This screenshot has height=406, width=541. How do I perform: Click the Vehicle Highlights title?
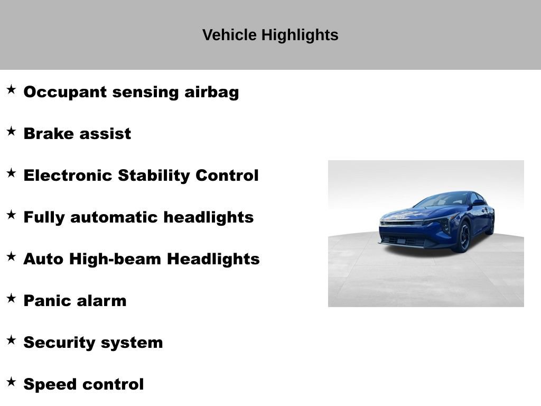[270, 35]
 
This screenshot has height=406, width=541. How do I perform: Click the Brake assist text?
[77, 134]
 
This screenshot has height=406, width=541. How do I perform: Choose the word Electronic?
[68, 176]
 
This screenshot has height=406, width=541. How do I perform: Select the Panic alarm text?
[75, 301]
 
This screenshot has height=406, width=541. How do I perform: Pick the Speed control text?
[83, 384]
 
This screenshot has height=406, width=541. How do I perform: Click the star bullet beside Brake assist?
[11, 132]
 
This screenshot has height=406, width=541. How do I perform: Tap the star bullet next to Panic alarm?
[11, 299]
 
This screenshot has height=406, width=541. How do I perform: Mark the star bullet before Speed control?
[11, 382]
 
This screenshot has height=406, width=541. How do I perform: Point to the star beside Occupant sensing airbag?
[11, 90]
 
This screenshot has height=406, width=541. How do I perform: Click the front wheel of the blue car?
[463, 236]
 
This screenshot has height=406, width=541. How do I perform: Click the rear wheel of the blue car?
[491, 225]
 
